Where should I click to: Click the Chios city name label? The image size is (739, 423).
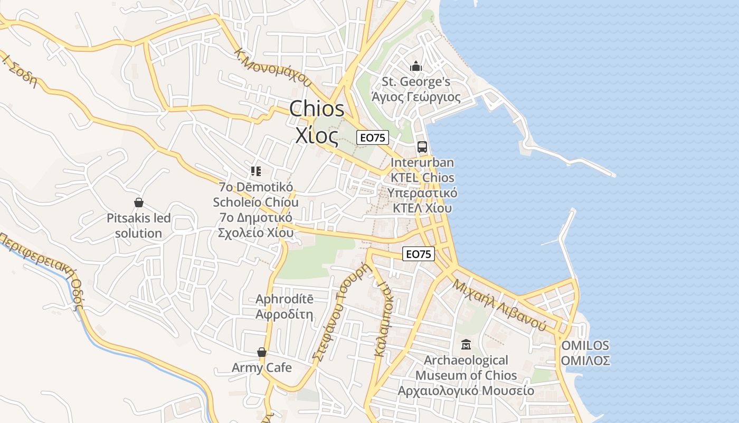(317, 109)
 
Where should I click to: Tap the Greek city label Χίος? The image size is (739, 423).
(317, 136)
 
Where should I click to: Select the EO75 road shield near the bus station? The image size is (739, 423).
(373, 138)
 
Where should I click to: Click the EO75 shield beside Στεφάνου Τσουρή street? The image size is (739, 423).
(419, 254)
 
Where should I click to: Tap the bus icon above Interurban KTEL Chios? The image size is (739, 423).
(422, 147)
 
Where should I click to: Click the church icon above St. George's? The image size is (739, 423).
(416, 67)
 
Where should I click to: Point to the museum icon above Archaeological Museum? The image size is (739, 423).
(466, 345)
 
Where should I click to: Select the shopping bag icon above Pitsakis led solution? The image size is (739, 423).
(139, 203)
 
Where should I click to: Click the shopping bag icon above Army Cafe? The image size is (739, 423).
(261, 352)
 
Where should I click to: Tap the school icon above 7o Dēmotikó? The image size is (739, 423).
(256, 171)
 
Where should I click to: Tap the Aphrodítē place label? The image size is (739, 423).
(285, 299)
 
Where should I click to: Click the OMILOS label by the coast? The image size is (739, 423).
(585, 346)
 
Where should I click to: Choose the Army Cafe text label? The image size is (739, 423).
(262, 367)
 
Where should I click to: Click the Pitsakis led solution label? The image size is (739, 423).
(139, 225)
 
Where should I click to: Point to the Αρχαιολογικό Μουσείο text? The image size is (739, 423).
(466, 391)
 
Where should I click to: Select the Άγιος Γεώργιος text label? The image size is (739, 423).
(416, 97)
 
